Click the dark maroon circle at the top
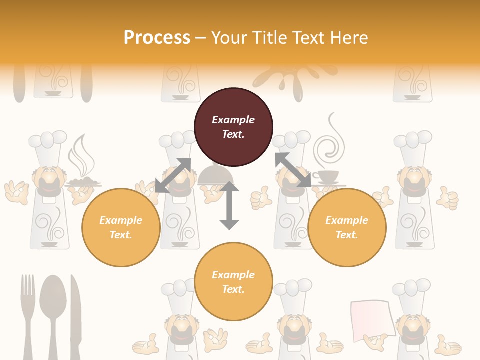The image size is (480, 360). click(x=233, y=127)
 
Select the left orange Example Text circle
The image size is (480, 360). click(x=121, y=227)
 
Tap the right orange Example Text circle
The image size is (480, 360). click(x=347, y=227)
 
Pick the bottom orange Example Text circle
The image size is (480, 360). click(x=233, y=282)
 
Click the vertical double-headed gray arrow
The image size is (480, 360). click(x=229, y=205)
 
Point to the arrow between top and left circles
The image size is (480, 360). click(x=173, y=175)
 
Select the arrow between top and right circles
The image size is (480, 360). click(x=292, y=170)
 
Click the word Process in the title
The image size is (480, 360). click(x=157, y=37)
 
